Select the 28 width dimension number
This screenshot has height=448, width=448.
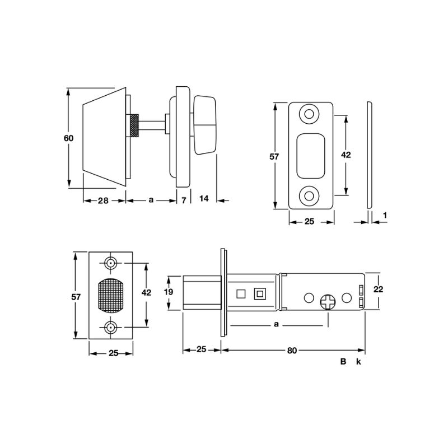pos(104,199)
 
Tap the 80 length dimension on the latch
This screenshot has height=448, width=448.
pos(292,350)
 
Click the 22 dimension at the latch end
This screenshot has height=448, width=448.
pos(378,289)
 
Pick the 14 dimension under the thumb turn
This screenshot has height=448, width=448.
pos(203,199)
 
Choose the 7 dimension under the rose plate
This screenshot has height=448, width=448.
pos(184,199)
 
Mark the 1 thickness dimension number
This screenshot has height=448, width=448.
pos(385,215)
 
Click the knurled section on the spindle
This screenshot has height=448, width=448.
pos(135,125)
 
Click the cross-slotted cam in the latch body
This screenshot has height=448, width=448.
pos(328,303)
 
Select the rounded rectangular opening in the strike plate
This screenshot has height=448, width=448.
pos(310,155)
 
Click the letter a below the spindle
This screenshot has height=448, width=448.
pos(151,199)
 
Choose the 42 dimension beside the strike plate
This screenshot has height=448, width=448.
pos(346,155)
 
